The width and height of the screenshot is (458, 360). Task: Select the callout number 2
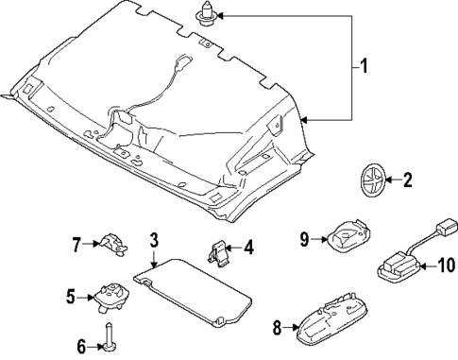pyautogui.click(x=408, y=180)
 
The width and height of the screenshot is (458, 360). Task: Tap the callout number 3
pyautogui.click(x=155, y=240)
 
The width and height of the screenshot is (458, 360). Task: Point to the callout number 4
pyautogui.click(x=248, y=249)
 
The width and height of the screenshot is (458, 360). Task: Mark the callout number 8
pyautogui.click(x=278, y=328)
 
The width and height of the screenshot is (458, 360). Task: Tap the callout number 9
pyautogui.click(x=305, y=240)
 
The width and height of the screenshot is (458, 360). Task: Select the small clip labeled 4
pyautogui.click(x=219, y=252)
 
